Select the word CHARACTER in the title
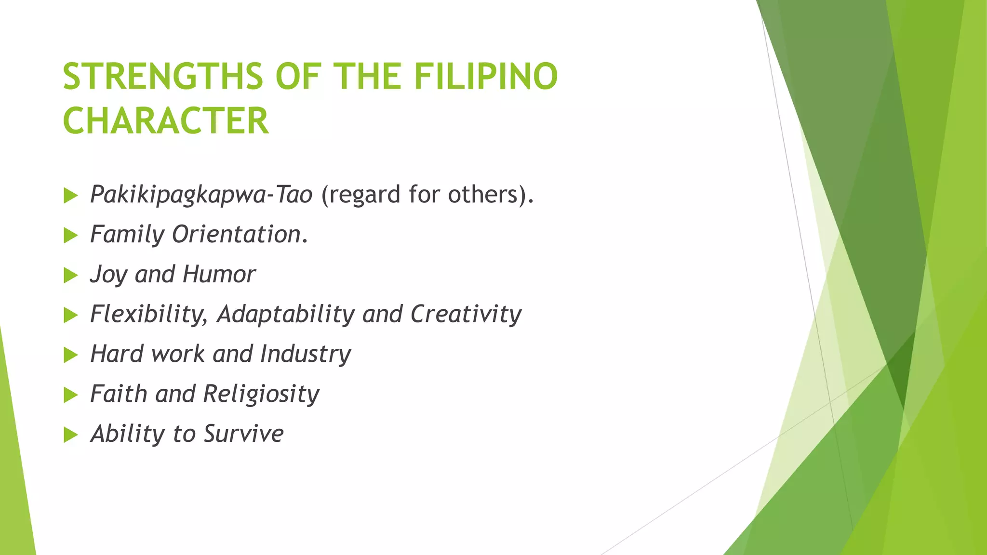click(x=165, y=121)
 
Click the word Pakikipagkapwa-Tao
click(x=201, y=195)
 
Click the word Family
click(x=127, y=235)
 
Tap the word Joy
click(x=108, y=275)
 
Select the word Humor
click(x=219, y=275)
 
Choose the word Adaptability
click(x=286, y=315)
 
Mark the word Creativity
click(x=466, y=315)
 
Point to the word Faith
click(x=119, y=394)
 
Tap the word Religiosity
click(x=261, y=395)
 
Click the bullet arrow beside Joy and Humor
click(x=70, y=276)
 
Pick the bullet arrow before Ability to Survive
click(x=70, y=435)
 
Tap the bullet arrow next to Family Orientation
click(x=70, y=236)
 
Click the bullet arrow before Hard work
click(x=70, y=356)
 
